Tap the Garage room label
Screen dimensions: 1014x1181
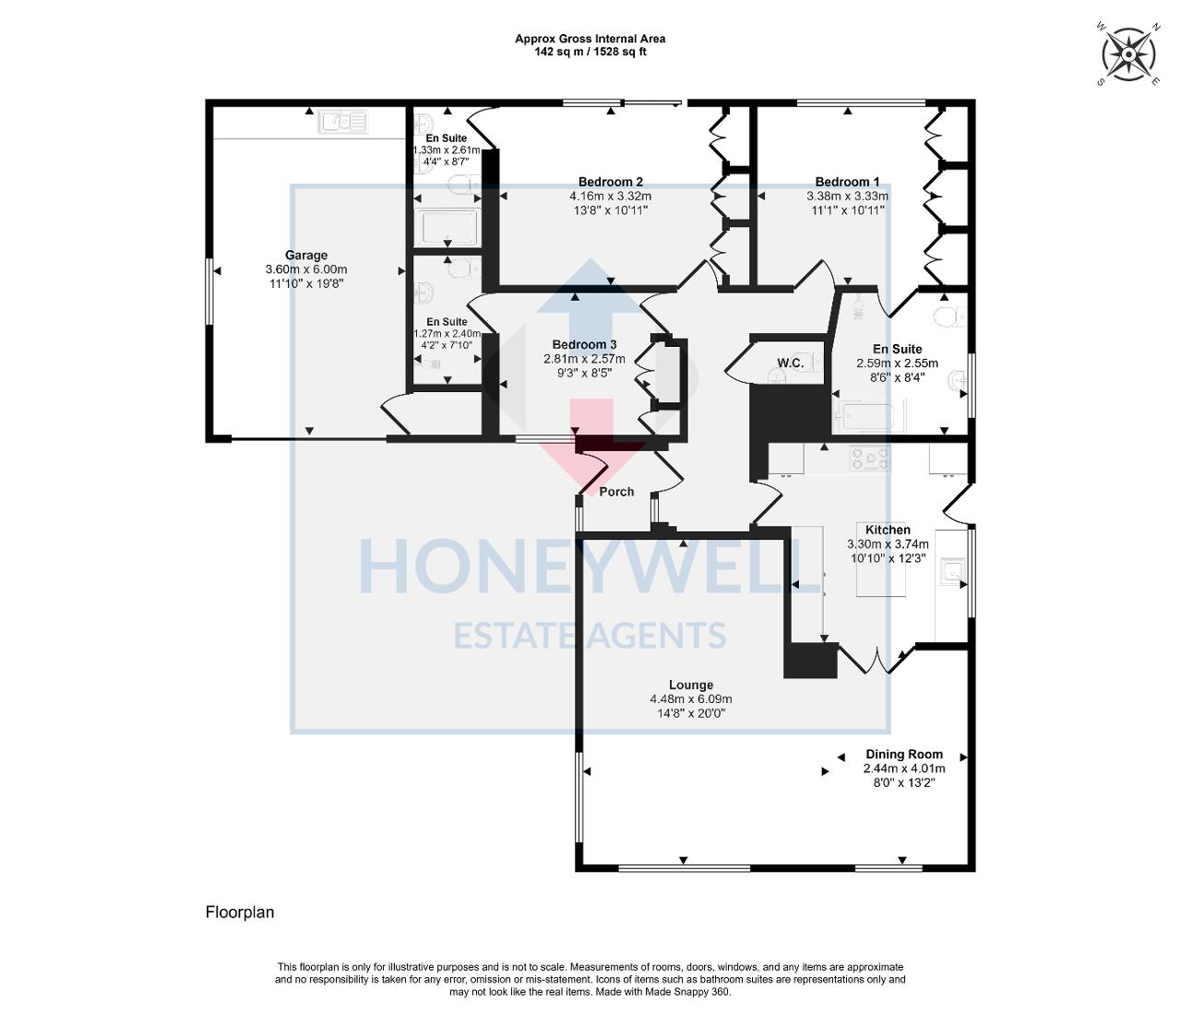click(x=305, y=256)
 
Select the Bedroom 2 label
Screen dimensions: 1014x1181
click(x=610, y=182)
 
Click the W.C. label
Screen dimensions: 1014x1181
click(x=790, y=364)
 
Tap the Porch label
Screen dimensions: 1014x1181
click(x=616, y=492)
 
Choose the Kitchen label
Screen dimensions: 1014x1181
click(x=888, y=530)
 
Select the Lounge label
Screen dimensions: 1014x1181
click(x=690, y=685)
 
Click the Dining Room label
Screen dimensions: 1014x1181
click(x=903, y=754)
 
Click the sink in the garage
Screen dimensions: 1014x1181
click(x=343, y=121)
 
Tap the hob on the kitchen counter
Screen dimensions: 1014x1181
click(x=870, y=459)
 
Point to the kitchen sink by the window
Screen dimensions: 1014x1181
click(x=950, y=572)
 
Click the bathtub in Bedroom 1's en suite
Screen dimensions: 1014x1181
click(x=869, y=416)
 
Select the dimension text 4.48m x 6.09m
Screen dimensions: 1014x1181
click(x=690, y=699)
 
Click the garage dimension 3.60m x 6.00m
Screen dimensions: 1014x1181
click(x=305, y=269)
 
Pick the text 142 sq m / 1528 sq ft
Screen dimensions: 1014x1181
click(x=590, y=52)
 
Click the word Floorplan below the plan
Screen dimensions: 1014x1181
click(x=240, y=913)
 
